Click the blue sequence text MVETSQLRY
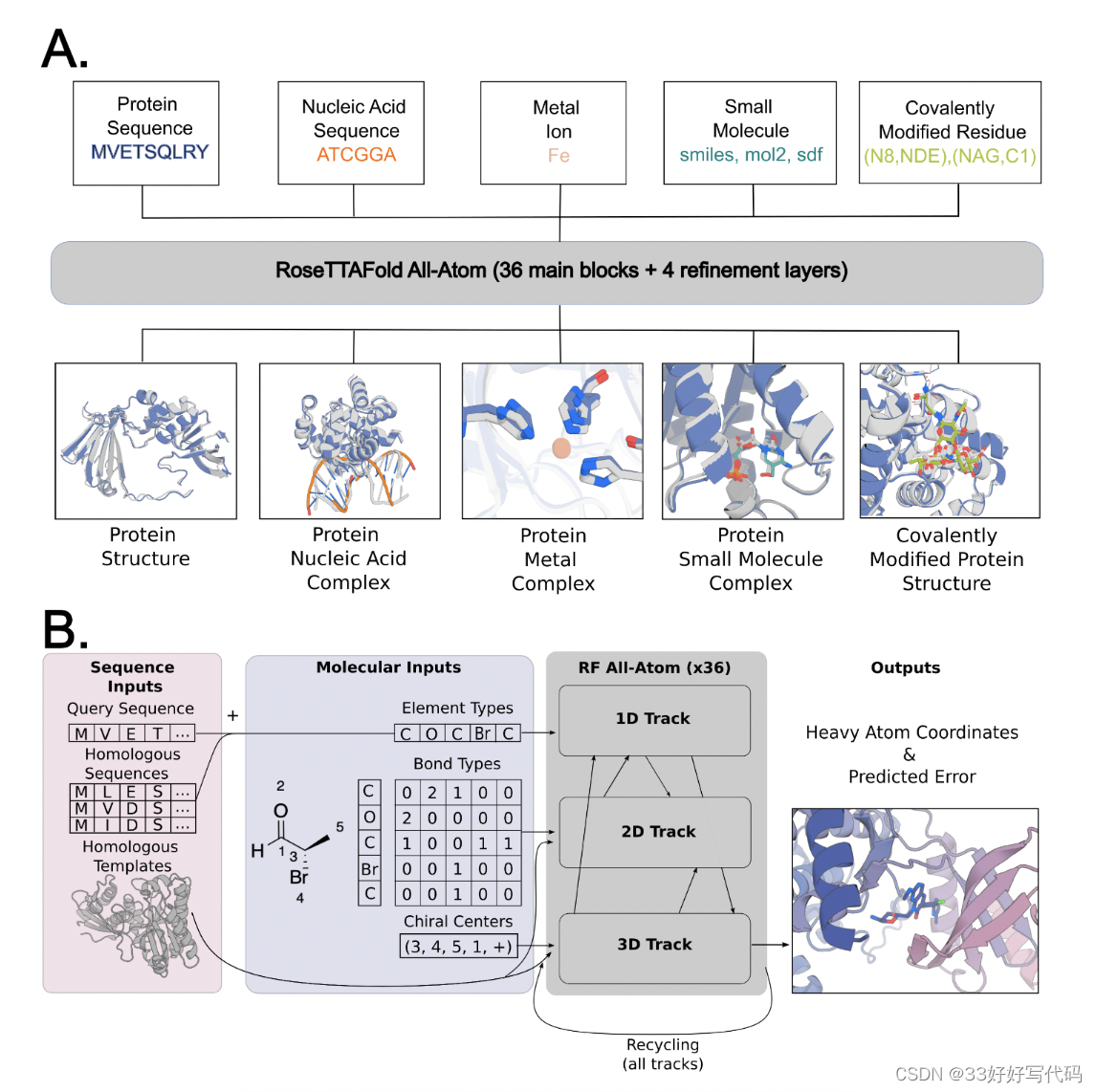click(149, 152)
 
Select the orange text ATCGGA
click(356, 155)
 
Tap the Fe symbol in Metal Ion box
click(559, 156)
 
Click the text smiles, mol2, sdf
click(751, 155)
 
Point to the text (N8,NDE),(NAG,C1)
click(950, 156)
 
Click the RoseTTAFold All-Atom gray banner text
click(561, 271)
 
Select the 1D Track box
click(653, 719)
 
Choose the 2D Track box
click(657, 832)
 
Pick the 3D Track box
click(654, 945)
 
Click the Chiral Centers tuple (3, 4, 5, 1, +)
click(458, 947)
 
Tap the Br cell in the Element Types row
click(483, 733)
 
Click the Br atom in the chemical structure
click(299, 877)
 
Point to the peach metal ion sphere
click(561, 448)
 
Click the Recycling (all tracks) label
click(663, 1054)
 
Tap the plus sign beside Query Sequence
click(232, 715)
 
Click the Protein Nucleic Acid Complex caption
click(348, 558)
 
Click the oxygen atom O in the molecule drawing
click(280, 811)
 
